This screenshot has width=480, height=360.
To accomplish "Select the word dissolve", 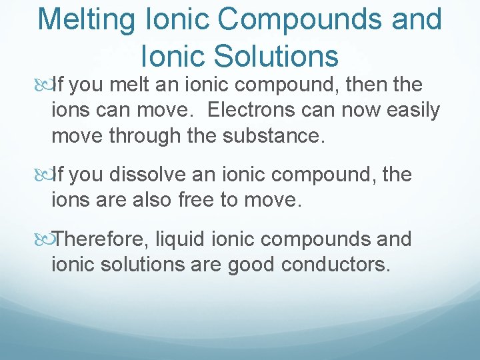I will (150, 175).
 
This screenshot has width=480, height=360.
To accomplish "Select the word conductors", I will (335, 264).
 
